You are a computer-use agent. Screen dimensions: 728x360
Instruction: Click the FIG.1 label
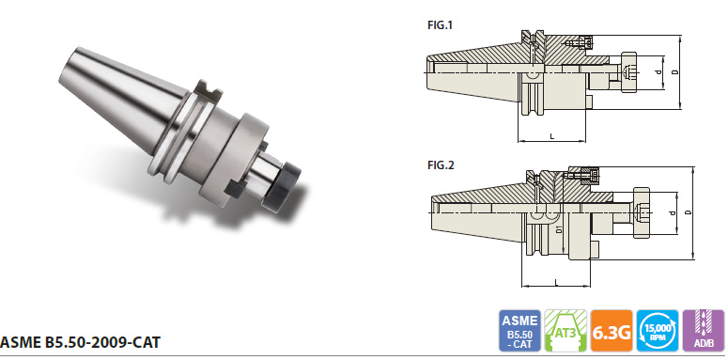pos(440,25)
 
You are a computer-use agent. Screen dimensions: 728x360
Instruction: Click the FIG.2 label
pos(441,164)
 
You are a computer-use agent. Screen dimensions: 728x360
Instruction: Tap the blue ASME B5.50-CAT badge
pos(520,330)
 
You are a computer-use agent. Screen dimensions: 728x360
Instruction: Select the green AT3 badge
pos(565,330)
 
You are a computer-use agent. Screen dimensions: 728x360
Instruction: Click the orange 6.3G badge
pos(612,330)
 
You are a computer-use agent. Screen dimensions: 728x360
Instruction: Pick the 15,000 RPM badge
pos(658,330)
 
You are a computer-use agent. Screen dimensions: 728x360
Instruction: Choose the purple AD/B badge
pos(704,330)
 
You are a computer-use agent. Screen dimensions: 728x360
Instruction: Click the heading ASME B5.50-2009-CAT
pos(81,342)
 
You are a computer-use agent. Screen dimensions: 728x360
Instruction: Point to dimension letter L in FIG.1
pos(551,136)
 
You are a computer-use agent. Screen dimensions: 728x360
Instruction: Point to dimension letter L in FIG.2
pos(556,282)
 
